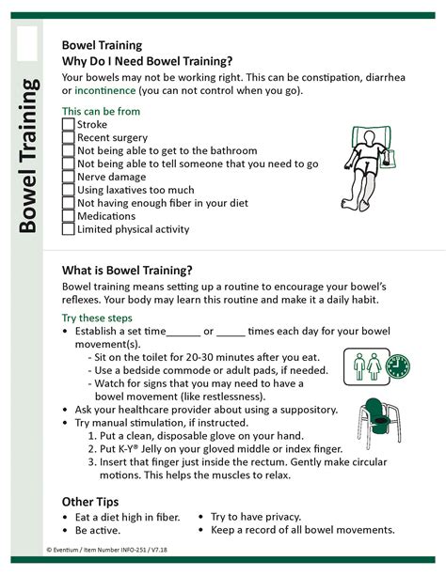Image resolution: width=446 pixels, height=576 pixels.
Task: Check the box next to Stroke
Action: coord(68,125)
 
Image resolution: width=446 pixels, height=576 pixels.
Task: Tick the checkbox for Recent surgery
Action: coord(68,138)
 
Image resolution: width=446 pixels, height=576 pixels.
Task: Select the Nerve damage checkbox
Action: coord(68,177)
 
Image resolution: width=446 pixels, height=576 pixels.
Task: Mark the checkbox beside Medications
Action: coord(68,216)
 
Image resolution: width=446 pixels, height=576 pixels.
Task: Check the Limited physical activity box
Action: coord(68,229)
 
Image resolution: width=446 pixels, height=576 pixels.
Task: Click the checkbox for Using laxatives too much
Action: coord(68,190)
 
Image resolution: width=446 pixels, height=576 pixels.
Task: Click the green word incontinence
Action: coord(104,91)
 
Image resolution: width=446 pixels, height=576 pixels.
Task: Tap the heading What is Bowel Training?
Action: coord(127,269)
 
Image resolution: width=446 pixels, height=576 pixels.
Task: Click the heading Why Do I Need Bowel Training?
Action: coord(147,60)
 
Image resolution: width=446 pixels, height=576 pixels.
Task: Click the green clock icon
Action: coord(397,365)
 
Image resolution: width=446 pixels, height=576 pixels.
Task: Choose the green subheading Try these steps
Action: coord(98,318)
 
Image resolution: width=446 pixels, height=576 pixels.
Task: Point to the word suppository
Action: coord(307,410)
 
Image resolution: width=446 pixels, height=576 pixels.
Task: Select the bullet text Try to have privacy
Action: coord(255,517)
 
